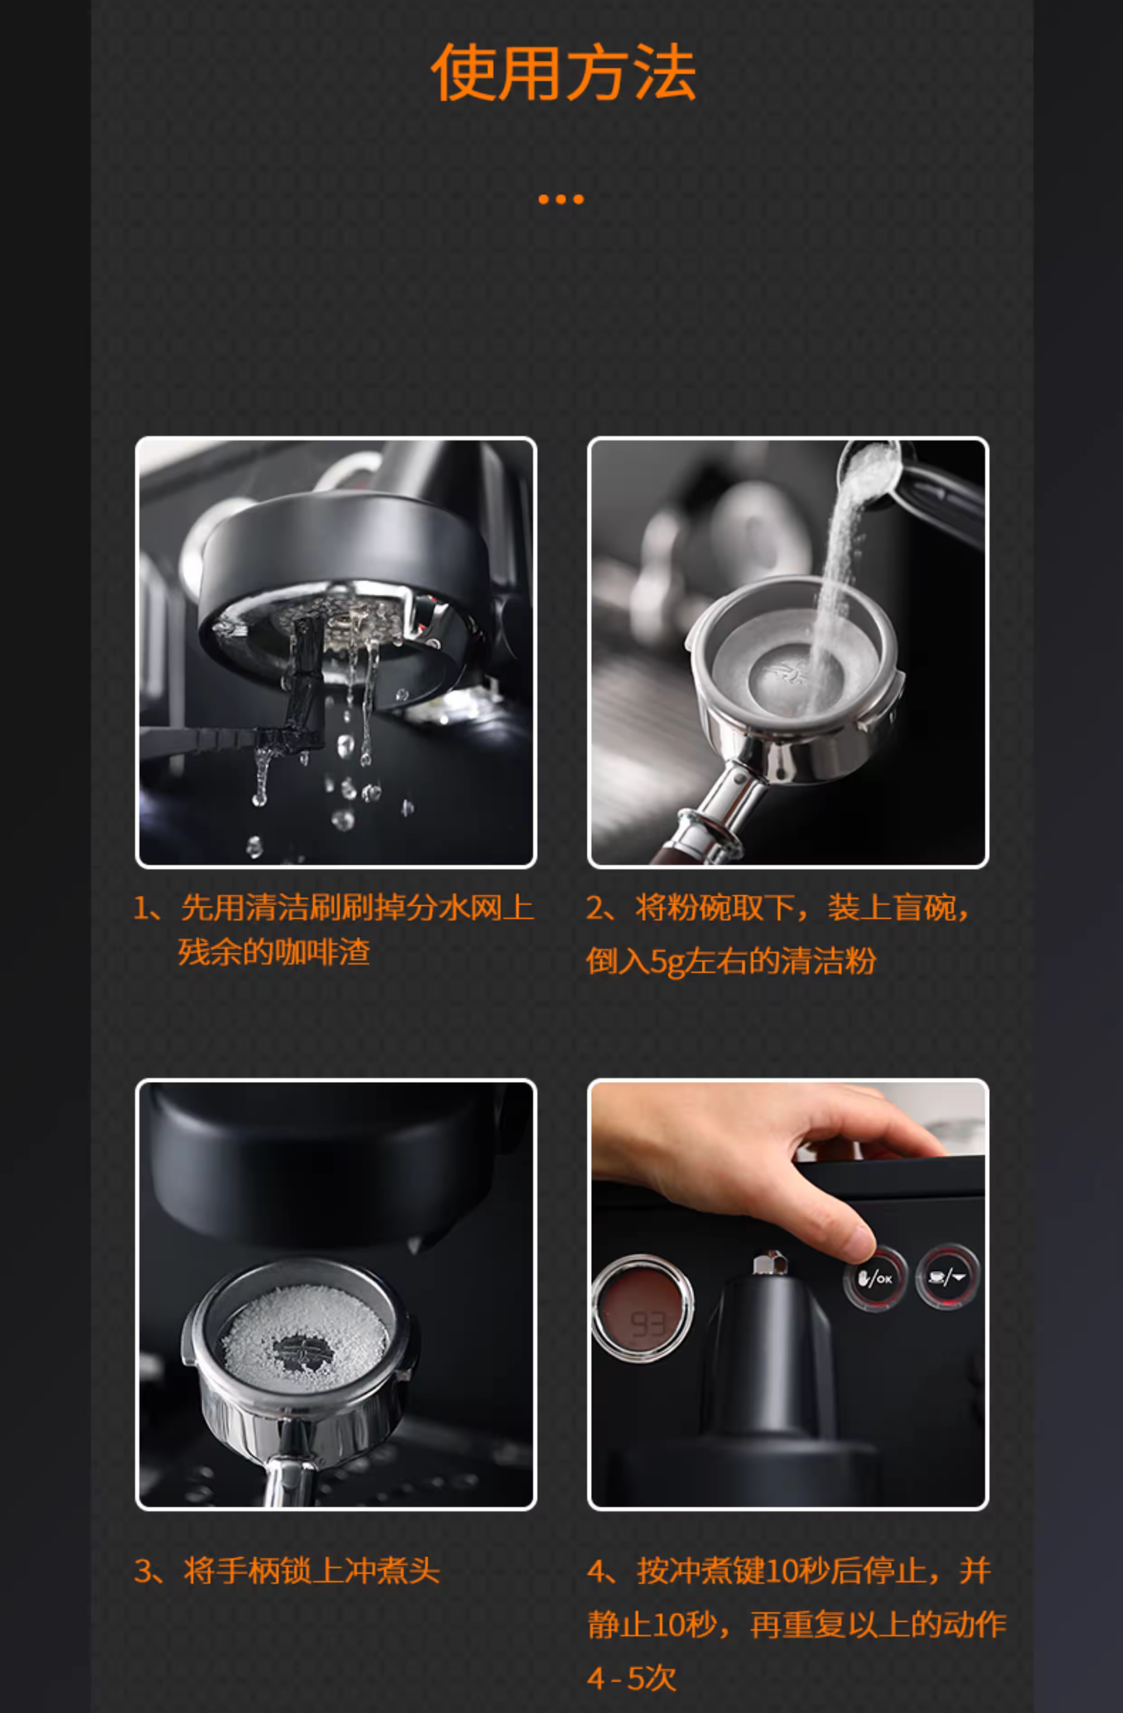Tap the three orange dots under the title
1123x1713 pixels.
point(561,199)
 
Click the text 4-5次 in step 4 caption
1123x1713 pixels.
point(631,1679)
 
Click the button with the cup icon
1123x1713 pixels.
point(947,1277)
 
